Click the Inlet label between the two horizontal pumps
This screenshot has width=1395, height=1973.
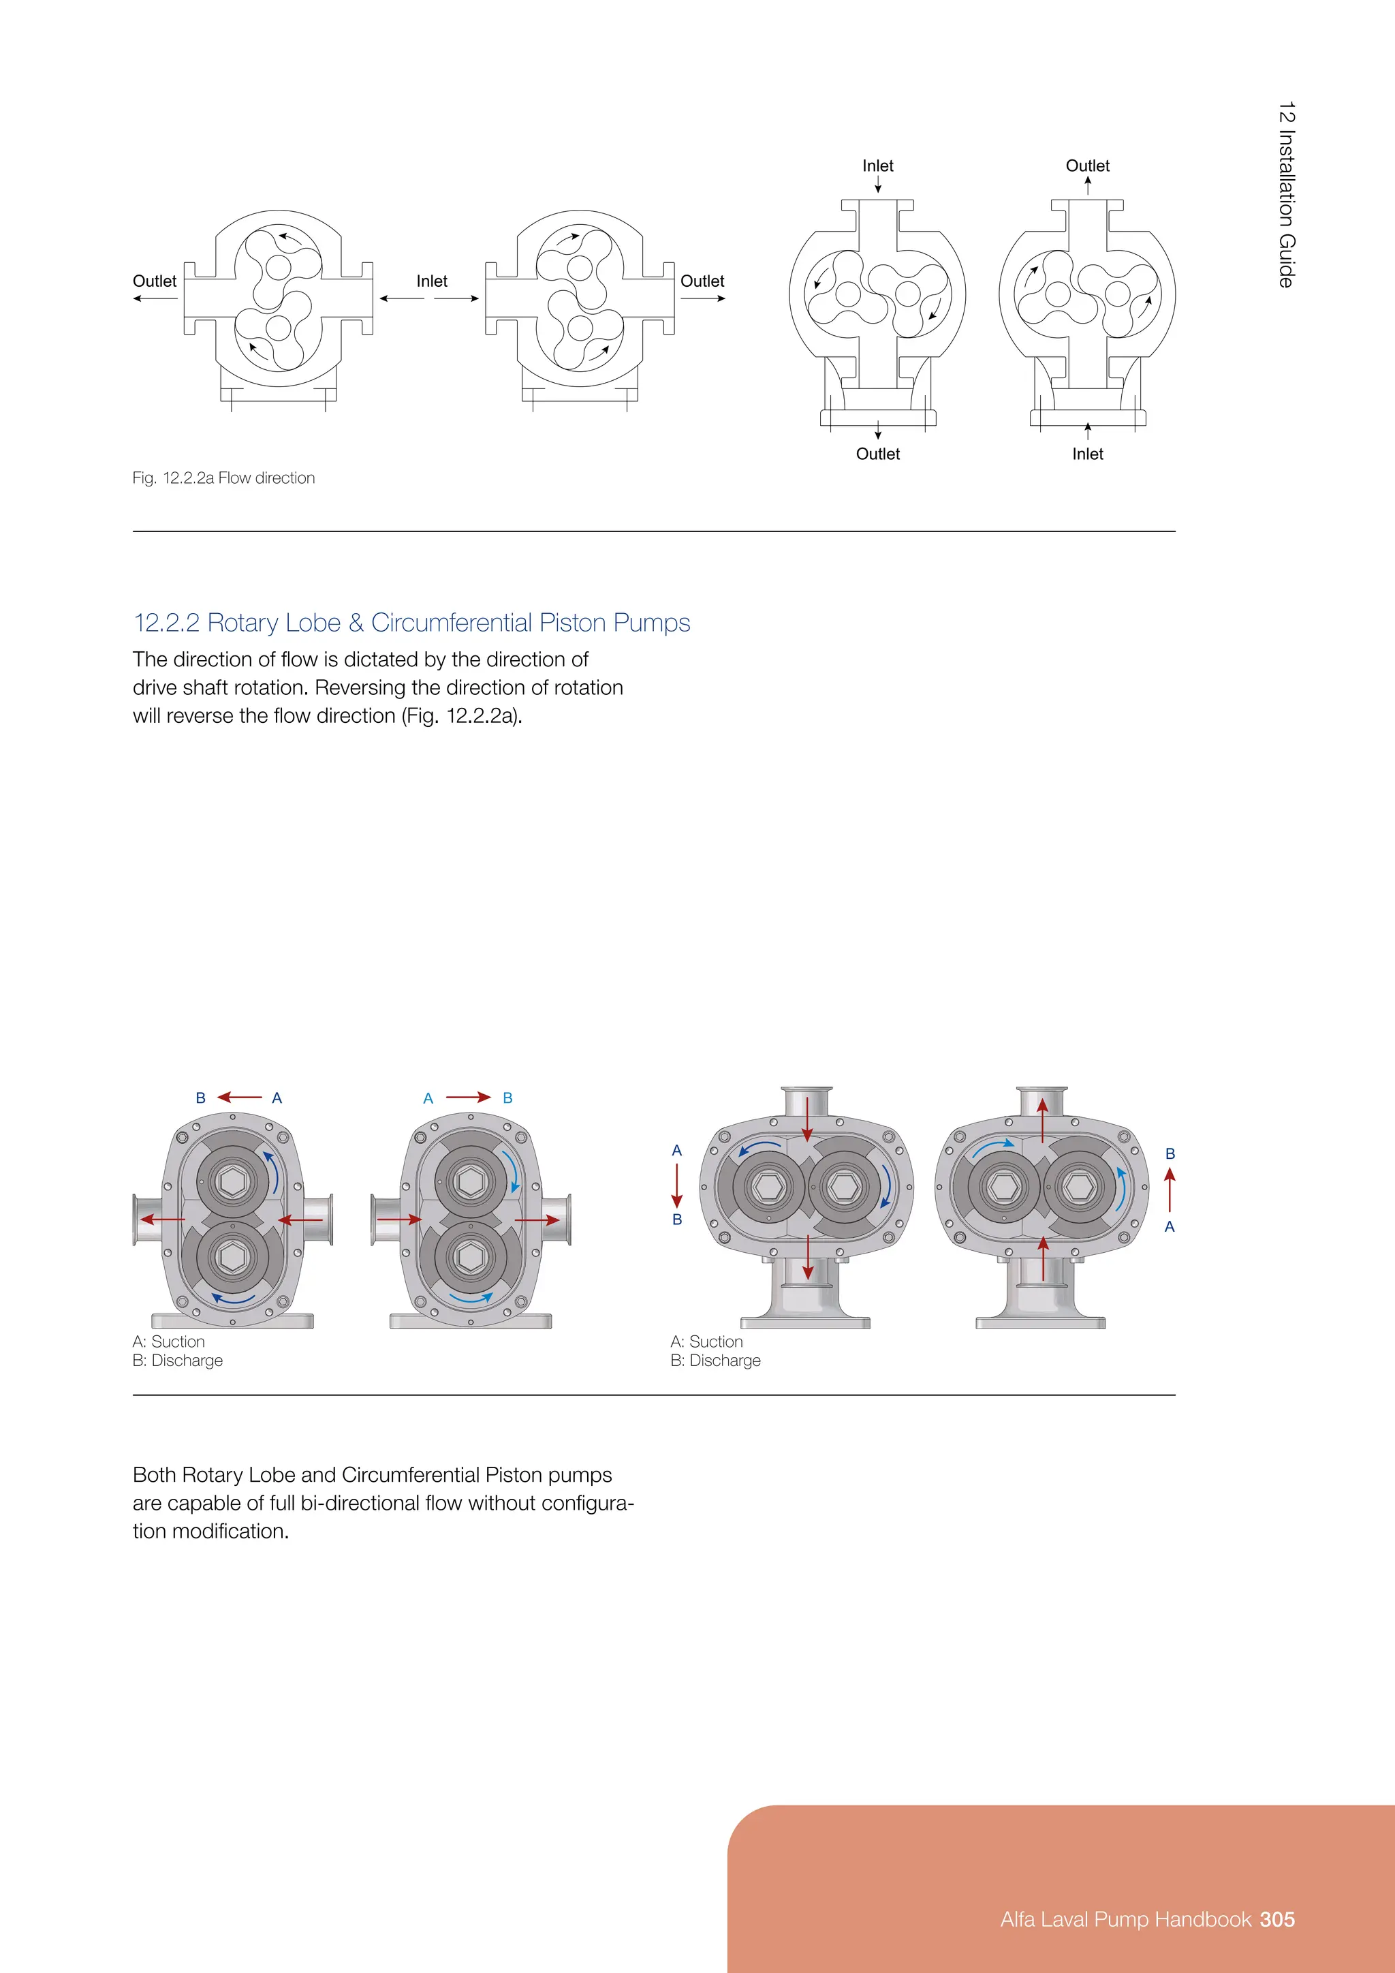point(431,281)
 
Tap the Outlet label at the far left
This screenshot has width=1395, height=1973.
point(155,281)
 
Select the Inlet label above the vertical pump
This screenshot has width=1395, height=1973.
point(877,166)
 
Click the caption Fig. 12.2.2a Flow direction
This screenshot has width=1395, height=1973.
point(223,478)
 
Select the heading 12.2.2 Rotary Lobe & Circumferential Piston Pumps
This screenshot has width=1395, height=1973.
point(411,622)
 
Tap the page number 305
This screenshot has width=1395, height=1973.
point(1276,1919)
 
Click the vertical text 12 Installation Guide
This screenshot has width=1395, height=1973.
point(1285,195)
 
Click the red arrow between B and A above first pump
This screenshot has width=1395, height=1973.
point(239,1098)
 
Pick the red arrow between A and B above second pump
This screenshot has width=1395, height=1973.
point(468,1098)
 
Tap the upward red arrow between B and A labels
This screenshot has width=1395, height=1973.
point(1169,1190)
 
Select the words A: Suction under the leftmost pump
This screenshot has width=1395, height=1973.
point(168,1341)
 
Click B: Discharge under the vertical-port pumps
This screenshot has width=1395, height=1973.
point(715,1361)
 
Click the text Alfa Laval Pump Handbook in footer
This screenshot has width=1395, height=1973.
point(1125,1919)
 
